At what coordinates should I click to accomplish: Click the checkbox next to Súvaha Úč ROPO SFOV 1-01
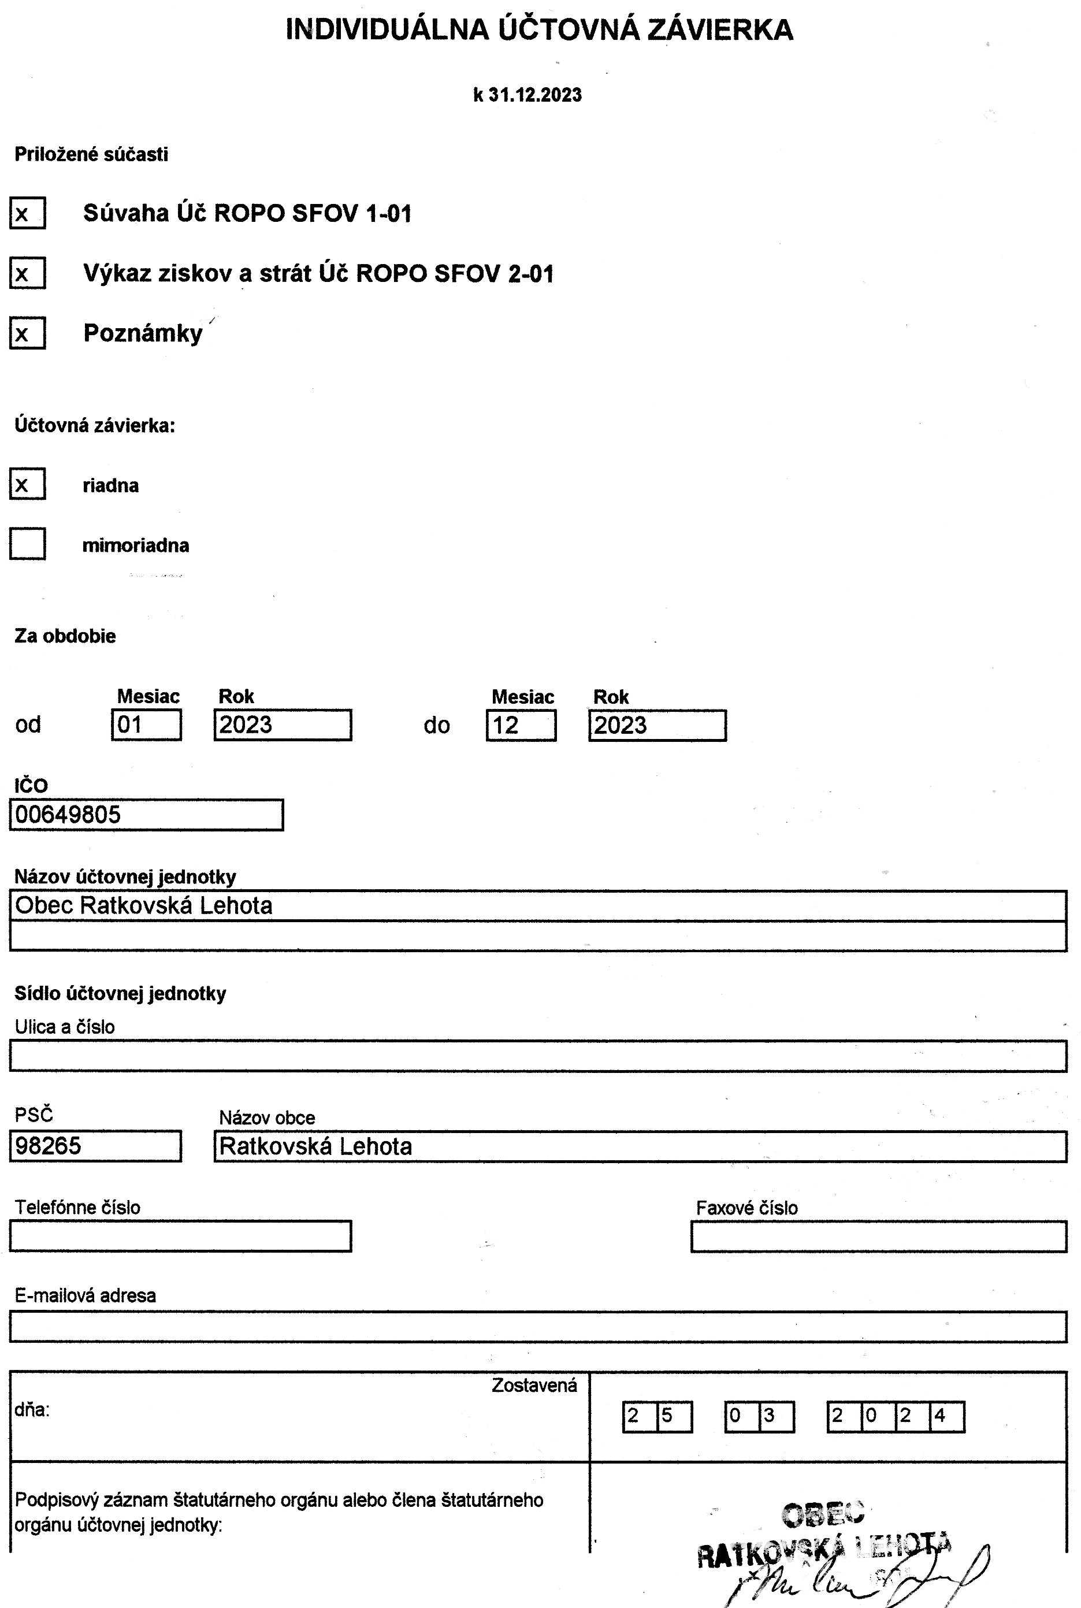(x=28, y=213)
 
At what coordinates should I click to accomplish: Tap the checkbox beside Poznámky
(x=28, y=333)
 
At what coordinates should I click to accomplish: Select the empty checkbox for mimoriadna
(x=28, y=544)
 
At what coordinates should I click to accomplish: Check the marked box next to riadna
(x=28, y=484)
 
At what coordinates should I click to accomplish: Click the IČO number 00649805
(x=68, y=815)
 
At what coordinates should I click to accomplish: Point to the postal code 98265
(x=49, y=1146)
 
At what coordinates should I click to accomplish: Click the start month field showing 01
(x=146, y=725)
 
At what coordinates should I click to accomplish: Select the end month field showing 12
(x=521, y=725)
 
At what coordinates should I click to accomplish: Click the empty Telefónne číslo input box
(x=181, y=1236)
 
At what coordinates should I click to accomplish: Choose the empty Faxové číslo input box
(x=878, y=1236)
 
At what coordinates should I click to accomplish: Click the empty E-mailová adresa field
(x=538, y=1327)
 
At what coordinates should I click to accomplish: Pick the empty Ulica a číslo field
(x=538, y=1056)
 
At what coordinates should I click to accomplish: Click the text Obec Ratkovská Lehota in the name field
(x=143, y=905)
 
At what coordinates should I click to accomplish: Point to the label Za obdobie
(x=65, y=636)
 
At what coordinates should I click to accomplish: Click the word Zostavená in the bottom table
(x=534, y=1386)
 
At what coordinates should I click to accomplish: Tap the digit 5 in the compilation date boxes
(x=667, y=1416)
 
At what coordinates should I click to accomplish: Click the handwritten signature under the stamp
(x=862, y=1579)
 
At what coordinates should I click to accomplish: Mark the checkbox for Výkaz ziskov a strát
(x=28, y=273)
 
